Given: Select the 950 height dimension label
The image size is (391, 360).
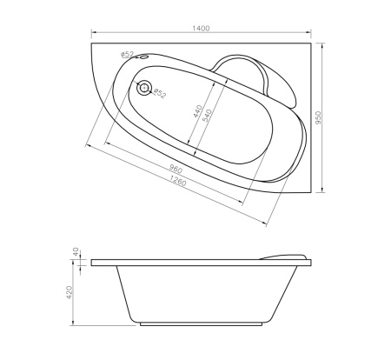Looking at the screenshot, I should coord(328,116).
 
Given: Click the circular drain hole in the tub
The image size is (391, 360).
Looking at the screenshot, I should coord(144,88).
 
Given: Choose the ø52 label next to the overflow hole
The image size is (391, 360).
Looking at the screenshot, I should coord(127,55).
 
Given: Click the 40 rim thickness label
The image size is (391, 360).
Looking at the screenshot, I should coord(76,251).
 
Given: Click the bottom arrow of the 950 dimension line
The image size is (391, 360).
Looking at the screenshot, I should coord(323,191).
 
